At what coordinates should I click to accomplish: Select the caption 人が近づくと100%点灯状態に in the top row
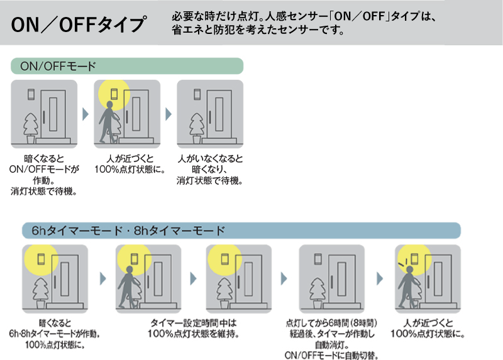[x=127, y=164]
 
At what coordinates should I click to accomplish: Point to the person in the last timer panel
[x=409, y=286]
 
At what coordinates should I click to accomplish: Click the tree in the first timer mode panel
[x=40, y=292]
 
